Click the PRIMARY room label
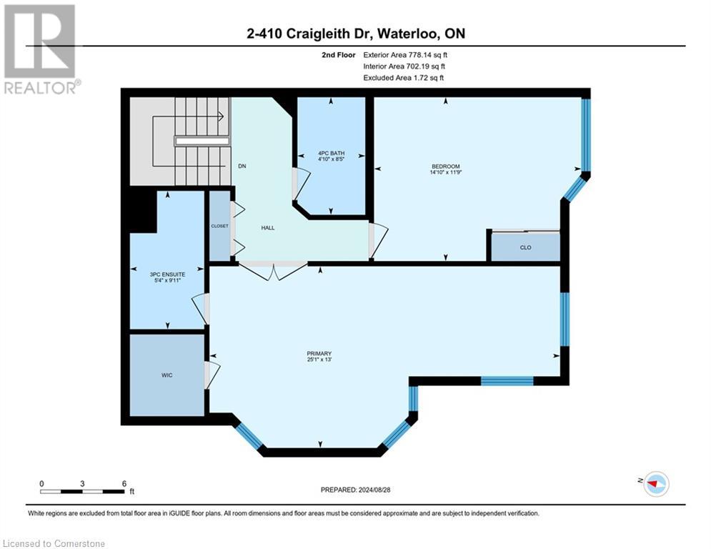(x=319, y=353)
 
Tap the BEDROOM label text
(x=445, y=166)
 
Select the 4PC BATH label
(x=331, y=154)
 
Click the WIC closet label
(x=166, y=375)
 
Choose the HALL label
(x=268, y=227)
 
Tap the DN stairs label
(x=242, y=166)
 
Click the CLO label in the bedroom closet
(x=525, y=247)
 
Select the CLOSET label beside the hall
(x=219, y=226)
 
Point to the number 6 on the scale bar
(x=124, y=484)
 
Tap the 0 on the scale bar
(x=41, y=484)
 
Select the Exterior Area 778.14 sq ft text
(x=405, y=54)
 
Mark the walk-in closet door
(x=212, y=374)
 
